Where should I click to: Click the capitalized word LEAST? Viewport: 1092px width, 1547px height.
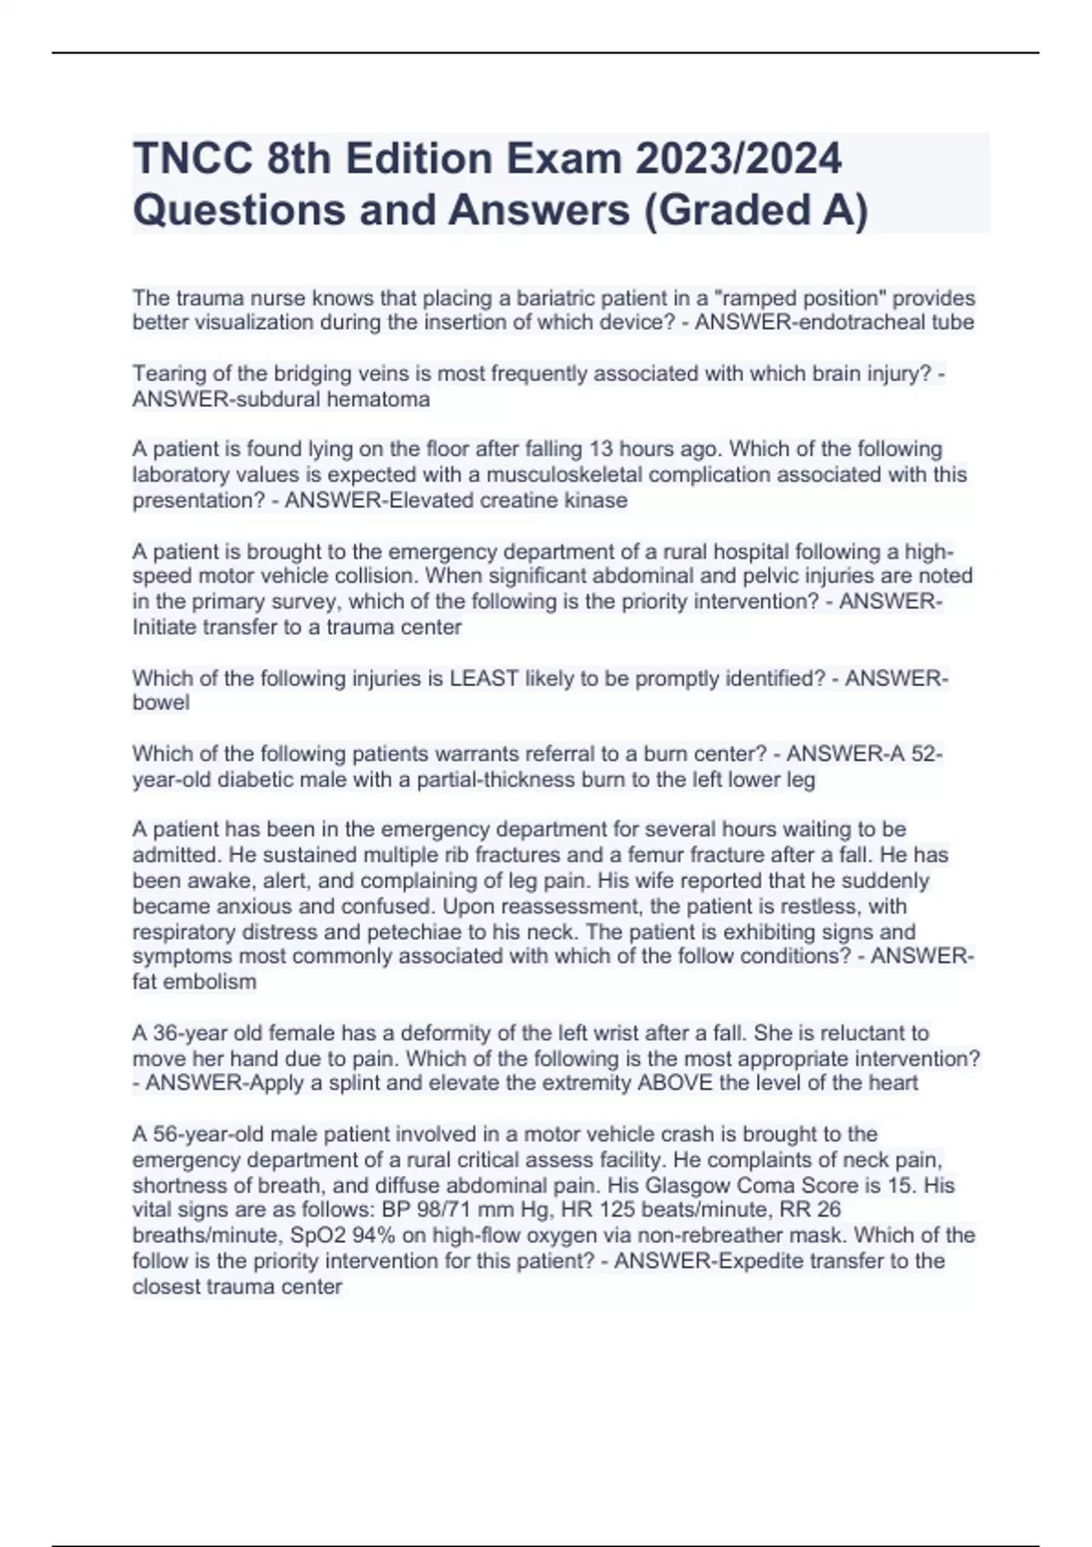(x=485, y=679)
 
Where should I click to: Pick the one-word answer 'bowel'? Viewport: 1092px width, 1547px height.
(x=161, y=703)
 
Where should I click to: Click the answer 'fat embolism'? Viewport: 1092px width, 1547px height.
(x=195, y=982)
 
